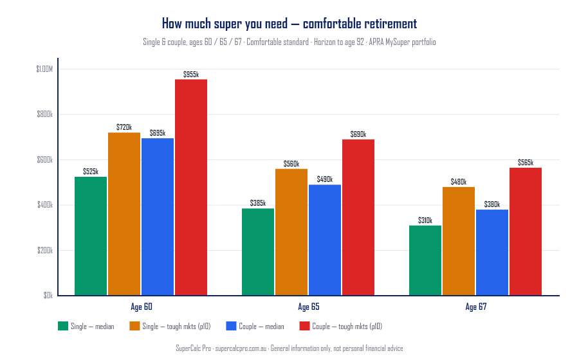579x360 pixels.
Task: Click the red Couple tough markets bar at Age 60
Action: pos(191,187)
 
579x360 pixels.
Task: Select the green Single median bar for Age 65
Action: pos(258,252)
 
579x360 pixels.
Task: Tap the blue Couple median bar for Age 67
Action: pos(492,253)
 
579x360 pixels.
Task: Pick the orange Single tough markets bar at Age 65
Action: pos(291,232)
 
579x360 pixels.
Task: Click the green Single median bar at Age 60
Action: pos(91,236)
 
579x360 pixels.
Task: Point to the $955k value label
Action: pos(191,75)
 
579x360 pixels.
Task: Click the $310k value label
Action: pos(425,221)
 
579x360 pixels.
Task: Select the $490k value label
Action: pos(325,179)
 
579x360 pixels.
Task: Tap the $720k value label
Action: pos(124,127)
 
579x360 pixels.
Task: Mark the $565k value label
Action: pos(526,163)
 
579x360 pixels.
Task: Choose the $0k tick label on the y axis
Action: pos(48,296)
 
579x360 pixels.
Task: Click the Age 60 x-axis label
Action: pos(141,307)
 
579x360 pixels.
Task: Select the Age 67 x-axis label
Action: pos(475,307)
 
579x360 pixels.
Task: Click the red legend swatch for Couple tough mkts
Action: pos(304,326)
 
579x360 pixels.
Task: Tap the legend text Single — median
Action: pos(92,327)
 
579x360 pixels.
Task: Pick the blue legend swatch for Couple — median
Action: pos(232,326)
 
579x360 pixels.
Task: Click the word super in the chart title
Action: pos(217,24)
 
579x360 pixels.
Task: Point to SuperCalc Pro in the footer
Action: pos(193,348)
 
